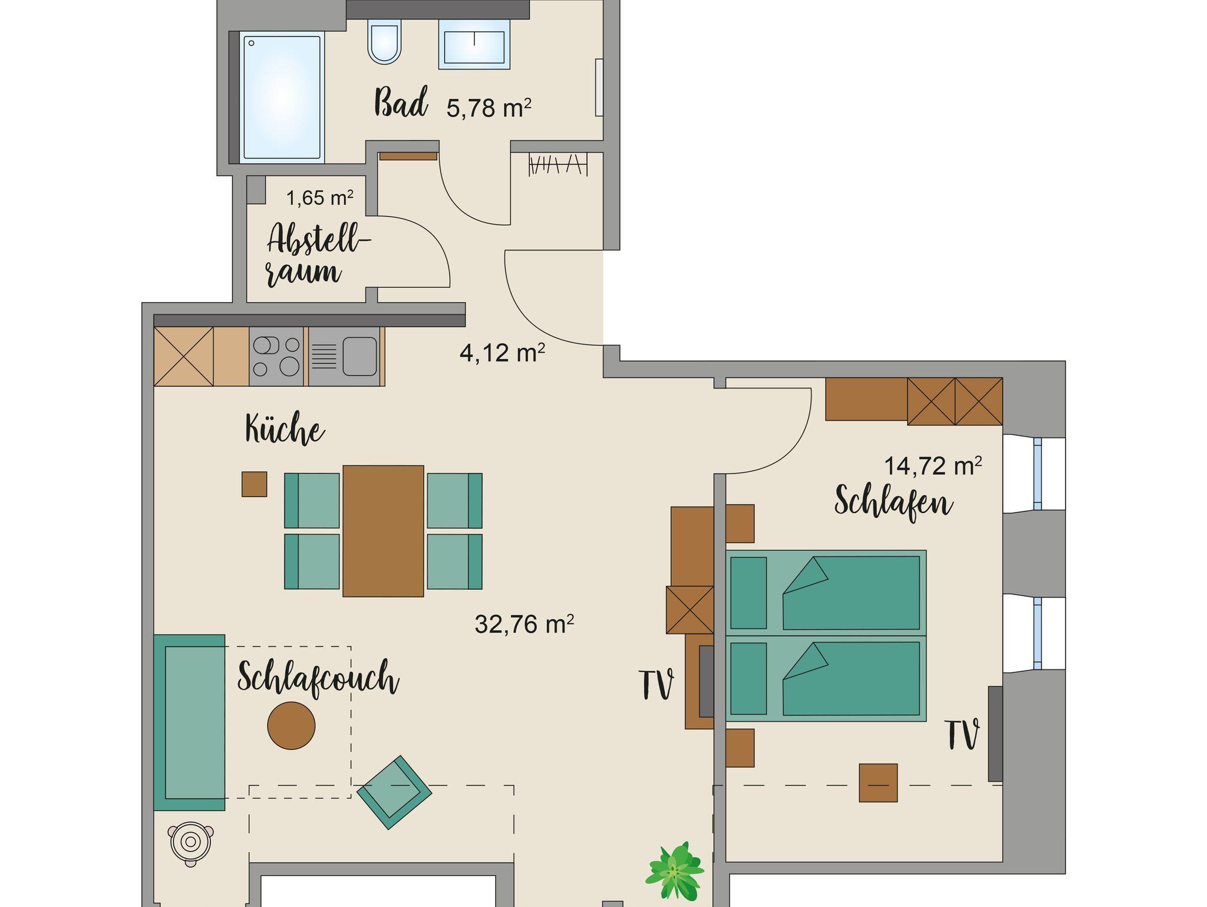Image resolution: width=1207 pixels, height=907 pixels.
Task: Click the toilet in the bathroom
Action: click(384, 41)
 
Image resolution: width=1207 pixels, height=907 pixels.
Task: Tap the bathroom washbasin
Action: click(474, 45)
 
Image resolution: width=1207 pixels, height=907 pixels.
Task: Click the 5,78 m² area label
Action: click(489, 109)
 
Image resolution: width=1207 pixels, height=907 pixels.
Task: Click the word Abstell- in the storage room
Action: click(319, 239)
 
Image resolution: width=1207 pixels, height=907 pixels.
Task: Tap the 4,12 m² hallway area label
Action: click(502, 353)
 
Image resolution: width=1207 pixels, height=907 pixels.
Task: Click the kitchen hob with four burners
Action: click(276, 356)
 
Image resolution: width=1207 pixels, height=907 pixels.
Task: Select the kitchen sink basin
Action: click(360, 356)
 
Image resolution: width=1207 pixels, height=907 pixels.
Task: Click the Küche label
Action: click(285, 429)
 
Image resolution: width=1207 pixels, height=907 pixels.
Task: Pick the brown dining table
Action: click(383, 531)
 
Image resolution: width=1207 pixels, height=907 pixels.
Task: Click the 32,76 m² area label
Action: click(524, 624)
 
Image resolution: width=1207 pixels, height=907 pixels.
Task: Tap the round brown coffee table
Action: click(291, 725)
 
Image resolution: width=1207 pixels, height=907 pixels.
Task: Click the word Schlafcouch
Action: click(318, 677)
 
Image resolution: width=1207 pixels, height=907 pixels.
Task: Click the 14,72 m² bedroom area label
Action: click(933, 466)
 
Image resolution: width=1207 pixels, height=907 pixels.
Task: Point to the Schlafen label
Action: click(893, 502)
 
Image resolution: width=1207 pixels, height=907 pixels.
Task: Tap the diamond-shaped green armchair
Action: click(394, 792)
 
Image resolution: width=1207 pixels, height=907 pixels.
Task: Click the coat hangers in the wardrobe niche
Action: click(558, 165)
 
